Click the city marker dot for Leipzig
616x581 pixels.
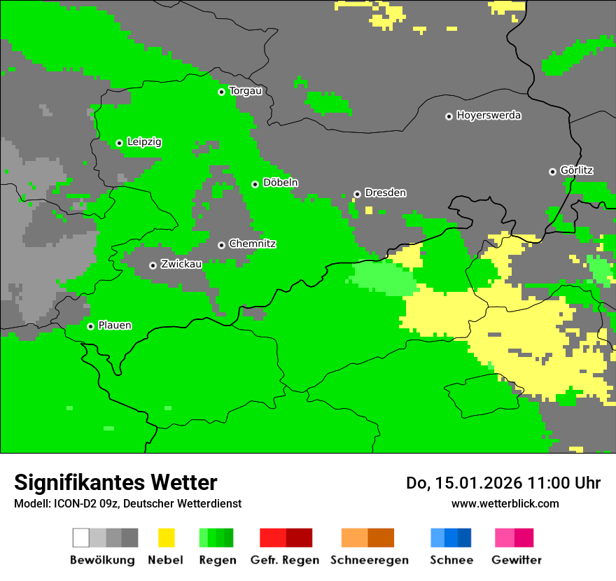[119, 143]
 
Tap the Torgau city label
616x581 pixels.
[245, 91]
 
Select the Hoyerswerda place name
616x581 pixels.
[489, 115]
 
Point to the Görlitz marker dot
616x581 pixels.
[552, 171]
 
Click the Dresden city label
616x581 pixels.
[385, 193]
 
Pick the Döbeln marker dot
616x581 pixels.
[255, 184]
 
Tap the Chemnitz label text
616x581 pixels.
[252, 244]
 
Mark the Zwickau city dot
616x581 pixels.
[153, 265]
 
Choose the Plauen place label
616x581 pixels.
[115, 325]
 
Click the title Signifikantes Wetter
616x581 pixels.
[115, 482]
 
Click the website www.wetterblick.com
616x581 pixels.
[505, 503]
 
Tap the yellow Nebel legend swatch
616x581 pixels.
[166, 538]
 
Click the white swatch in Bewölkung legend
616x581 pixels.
[80, 538]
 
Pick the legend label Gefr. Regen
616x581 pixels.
[285, 560]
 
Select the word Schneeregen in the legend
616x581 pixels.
[369, 560]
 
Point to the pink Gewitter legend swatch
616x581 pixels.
[505, 538]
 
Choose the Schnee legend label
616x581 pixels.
[451, 560]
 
